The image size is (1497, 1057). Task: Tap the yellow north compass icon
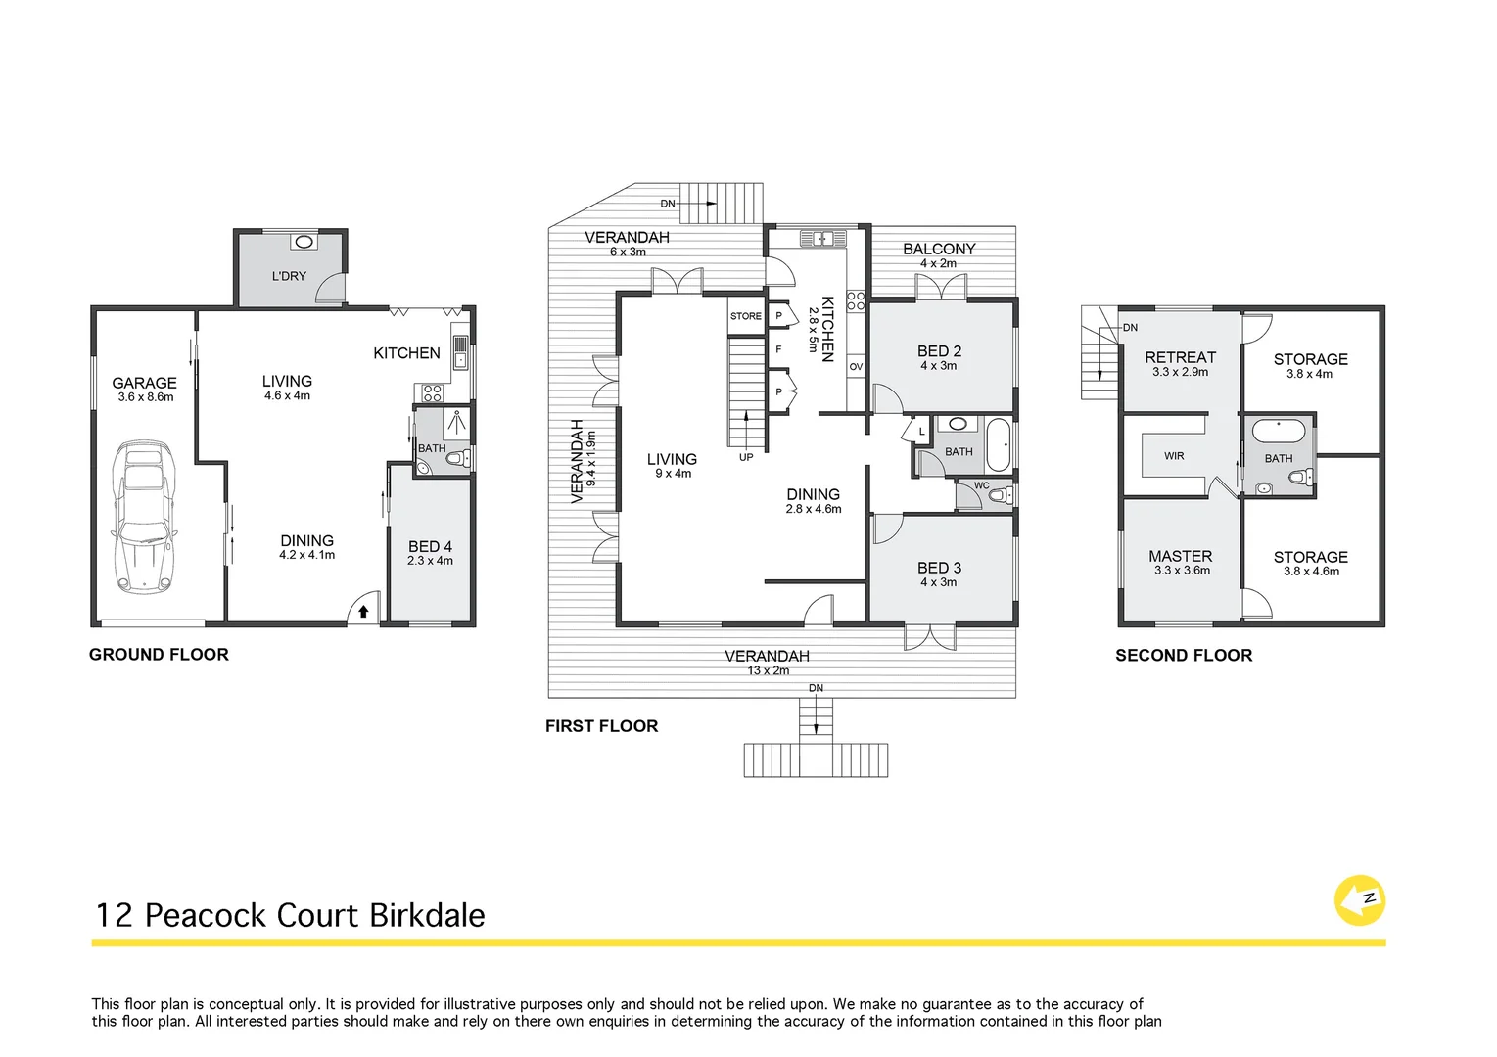1360,900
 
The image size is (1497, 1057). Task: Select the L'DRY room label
289,276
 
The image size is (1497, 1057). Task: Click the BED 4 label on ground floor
430,546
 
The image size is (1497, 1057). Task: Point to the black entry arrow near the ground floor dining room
363,612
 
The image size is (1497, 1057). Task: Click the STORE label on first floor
745,316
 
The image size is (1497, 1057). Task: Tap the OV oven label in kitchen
856,367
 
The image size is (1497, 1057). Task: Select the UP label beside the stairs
746,457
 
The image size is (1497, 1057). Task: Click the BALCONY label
939,249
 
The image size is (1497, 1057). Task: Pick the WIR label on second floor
1174,456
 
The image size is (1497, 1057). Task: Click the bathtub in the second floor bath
1278,431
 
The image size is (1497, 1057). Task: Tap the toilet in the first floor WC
998,496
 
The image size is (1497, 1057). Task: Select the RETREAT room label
1180,357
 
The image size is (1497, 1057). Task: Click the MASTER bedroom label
1180,556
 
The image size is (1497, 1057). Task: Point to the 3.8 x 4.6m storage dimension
1311,572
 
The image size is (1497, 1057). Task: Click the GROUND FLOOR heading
159,655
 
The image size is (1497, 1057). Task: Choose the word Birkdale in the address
427,915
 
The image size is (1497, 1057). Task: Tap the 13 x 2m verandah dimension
768,670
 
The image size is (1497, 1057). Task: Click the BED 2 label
939,350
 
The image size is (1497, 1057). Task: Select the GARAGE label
144,383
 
